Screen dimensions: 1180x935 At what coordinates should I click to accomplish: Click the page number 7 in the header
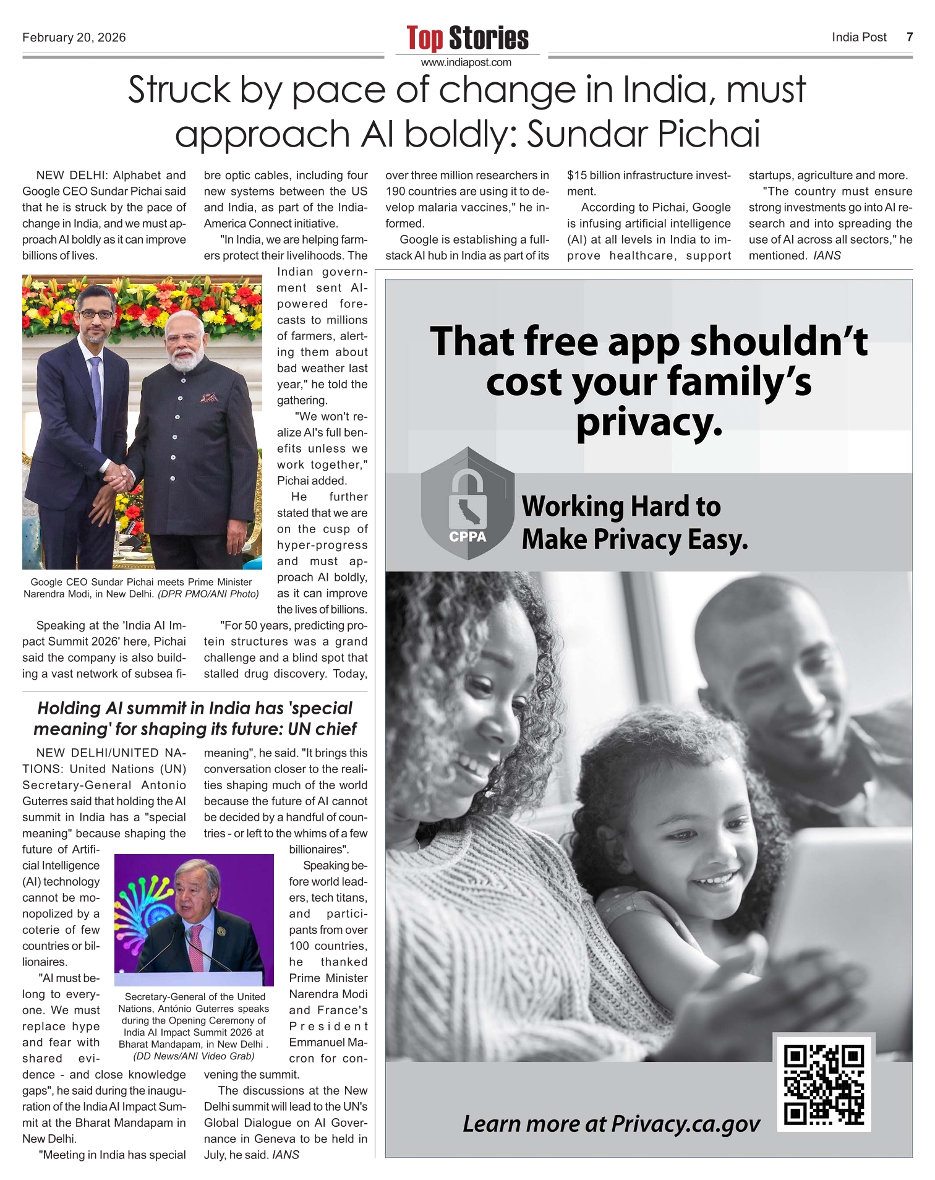(x=909, y=37)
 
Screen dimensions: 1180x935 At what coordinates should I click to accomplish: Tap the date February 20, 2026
(x=74, y=38)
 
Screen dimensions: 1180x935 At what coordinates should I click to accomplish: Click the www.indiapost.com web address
(x=466, y=62)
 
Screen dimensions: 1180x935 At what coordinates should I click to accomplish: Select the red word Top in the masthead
(x=425, y=38)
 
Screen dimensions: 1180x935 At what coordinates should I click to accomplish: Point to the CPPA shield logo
(x=467, y=504)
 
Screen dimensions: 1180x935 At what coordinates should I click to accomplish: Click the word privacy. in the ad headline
(x=649, y=423)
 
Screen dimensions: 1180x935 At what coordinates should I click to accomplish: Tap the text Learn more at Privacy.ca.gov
(x=611, y=1124)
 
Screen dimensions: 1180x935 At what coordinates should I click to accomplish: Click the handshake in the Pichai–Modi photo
(x=118, y=477)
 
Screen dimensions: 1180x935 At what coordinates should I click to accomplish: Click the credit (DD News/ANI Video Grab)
(x=194, y=1056)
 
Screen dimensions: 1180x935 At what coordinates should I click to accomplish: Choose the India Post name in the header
(x=859, y=37)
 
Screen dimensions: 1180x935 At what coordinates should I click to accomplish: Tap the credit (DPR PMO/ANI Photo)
(x=208, y=594)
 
